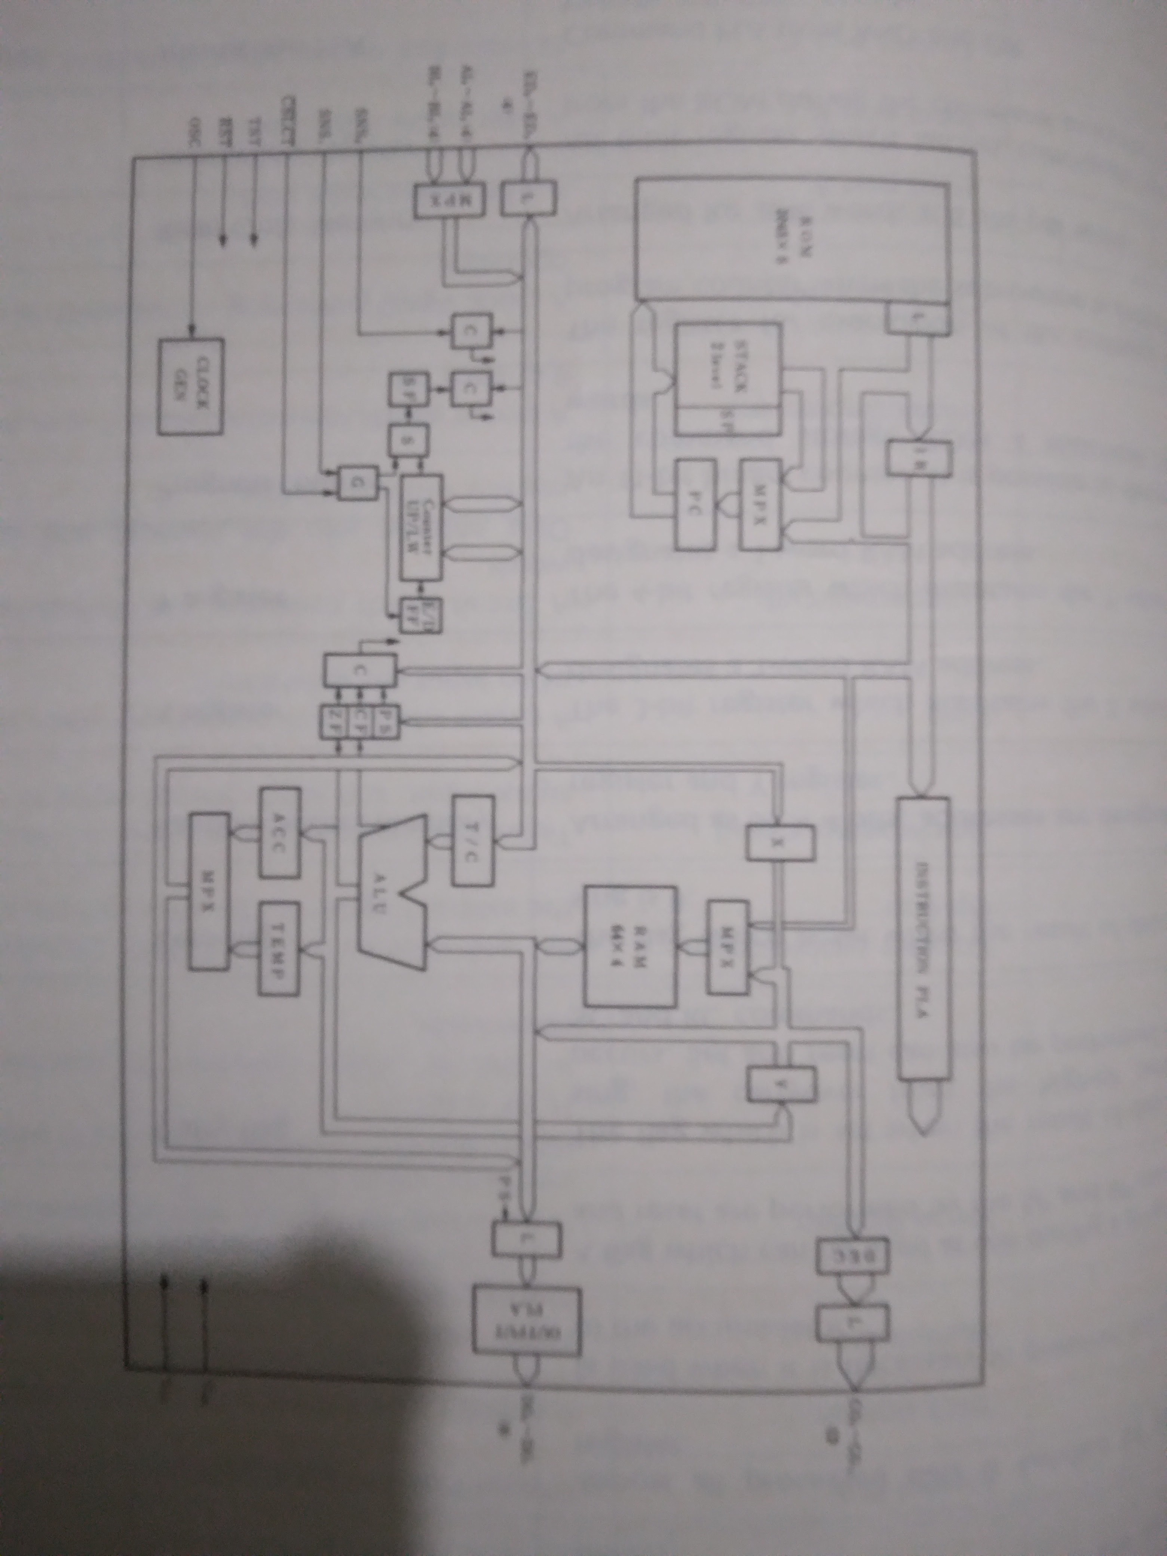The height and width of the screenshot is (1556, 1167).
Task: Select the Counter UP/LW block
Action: (x=421, y=527)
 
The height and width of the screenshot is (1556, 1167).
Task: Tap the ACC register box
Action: (x=280, y=832)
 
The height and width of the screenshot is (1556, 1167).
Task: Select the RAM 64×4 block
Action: (x=631, y=946)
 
